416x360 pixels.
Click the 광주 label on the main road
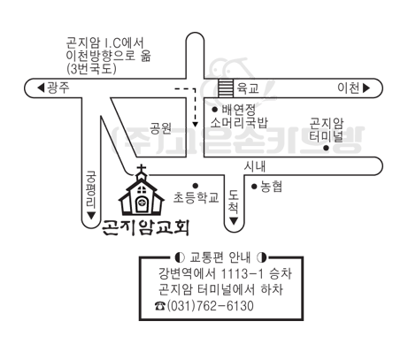[x=58, y=88]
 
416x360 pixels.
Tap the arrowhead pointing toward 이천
[x=366, y=88]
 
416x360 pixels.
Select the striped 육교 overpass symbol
[x=226, y=88]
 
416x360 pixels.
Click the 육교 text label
[x=248, y=88]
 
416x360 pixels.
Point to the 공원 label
[x=161, y=128]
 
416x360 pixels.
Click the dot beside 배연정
[x=215, y=110]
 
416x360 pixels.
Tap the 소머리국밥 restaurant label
[x=239, y=123]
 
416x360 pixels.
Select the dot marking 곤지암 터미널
[x=326, y=148]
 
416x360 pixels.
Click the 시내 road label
[x=255, y=166]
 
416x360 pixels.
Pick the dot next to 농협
[x=254, y=187]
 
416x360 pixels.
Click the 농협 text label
[x=271, y=187]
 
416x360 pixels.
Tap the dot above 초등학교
[x=195, y=186]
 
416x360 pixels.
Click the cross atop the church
[x=142, y=169]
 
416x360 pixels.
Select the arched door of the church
[x=142, y=204]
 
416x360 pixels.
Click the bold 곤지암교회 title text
[x=145, y=228]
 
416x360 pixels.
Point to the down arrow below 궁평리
[x=91, y=216]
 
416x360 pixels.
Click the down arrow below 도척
[x=234, y=221]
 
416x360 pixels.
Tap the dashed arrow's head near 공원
[x=195, y=125]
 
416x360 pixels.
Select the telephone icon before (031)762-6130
[x=160, y=306]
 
